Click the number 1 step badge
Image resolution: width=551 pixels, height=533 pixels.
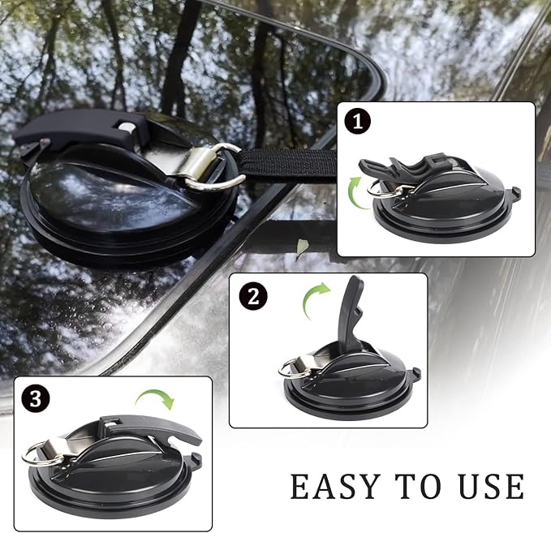coord(358,122)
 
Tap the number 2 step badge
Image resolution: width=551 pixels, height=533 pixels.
coord(253,296)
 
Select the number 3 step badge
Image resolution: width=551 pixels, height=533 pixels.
coord(35,399)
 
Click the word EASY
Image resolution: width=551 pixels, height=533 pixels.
coord(336,486)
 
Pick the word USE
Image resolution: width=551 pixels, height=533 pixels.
coord(492,486)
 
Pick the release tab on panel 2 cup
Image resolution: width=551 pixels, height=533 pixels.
coord(415,372)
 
